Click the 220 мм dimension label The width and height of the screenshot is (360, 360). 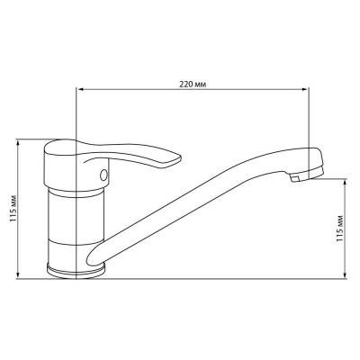point(193,85)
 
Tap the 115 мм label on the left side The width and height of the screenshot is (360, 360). point(13,209)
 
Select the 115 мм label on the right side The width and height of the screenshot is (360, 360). point(339,229)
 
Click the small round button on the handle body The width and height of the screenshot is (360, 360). point(103,175)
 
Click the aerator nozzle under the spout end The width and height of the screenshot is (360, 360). point(295,178)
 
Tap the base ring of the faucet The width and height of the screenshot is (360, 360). point(76,271)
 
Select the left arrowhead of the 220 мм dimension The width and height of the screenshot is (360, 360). point(79,89)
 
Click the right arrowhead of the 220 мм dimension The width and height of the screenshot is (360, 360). point(306,89)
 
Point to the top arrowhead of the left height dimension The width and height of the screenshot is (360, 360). point(18,142)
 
